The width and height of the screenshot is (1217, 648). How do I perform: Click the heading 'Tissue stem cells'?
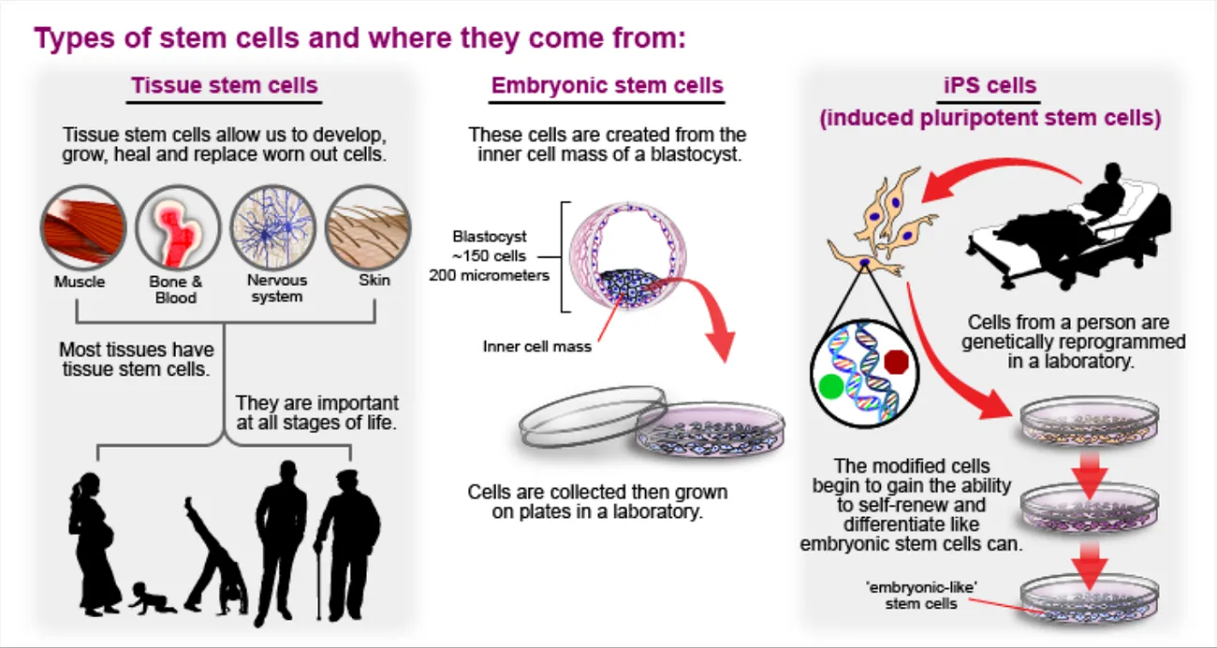click(x=225, y=86)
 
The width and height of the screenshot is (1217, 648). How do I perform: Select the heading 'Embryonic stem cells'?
click(x=608, y=86)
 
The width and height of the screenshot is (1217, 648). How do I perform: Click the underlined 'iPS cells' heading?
click(x=990, y=86)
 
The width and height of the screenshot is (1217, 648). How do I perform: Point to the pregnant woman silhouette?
click(x=94, y=543)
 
